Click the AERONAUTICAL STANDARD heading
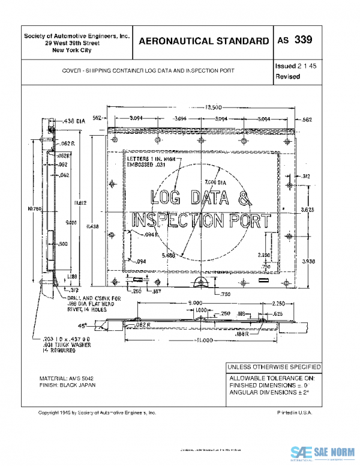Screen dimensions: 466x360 pos(203,41)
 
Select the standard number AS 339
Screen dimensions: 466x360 pos(294,40)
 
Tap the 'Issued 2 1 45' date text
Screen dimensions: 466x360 pos(295,65)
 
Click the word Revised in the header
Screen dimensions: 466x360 pos(287,77)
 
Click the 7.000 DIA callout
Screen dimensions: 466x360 pos(214,181)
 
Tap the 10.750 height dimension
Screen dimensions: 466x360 pos(34,208)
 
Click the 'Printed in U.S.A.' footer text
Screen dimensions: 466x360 pos(295,413)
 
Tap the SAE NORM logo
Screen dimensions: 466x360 pos(323,453)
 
